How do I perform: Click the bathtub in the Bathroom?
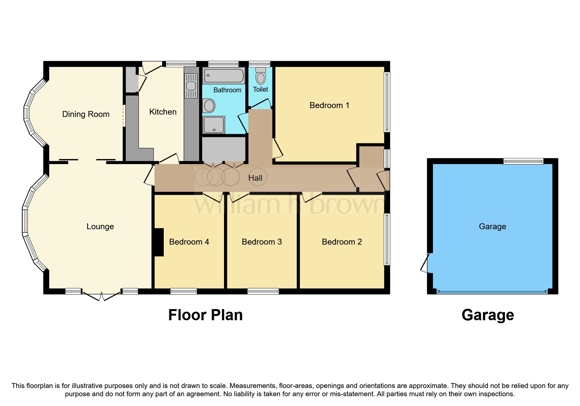coord(224,76)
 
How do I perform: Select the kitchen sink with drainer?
coord(191,86)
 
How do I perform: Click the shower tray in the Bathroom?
coord(214,125)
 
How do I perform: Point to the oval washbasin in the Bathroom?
coord(209,106)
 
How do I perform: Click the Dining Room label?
coord(86,114)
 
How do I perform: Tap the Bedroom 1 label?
coord(329,105)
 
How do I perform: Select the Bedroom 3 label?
coord(262,242)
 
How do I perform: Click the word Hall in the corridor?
coord(255,178)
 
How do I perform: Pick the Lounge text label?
coord(100,227)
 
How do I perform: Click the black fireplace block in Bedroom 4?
coord(159,242)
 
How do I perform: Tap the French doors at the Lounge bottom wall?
coord(101,296)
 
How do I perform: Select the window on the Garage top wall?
coord(523,161)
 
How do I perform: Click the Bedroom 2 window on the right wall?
coord(387,239)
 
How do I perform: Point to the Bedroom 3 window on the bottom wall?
coord(263,291)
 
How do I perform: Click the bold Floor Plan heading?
coord(205,315)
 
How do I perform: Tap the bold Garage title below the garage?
coord(488,315)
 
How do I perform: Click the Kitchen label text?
coord(163,112)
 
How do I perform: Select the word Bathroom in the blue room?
coord(227,90)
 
